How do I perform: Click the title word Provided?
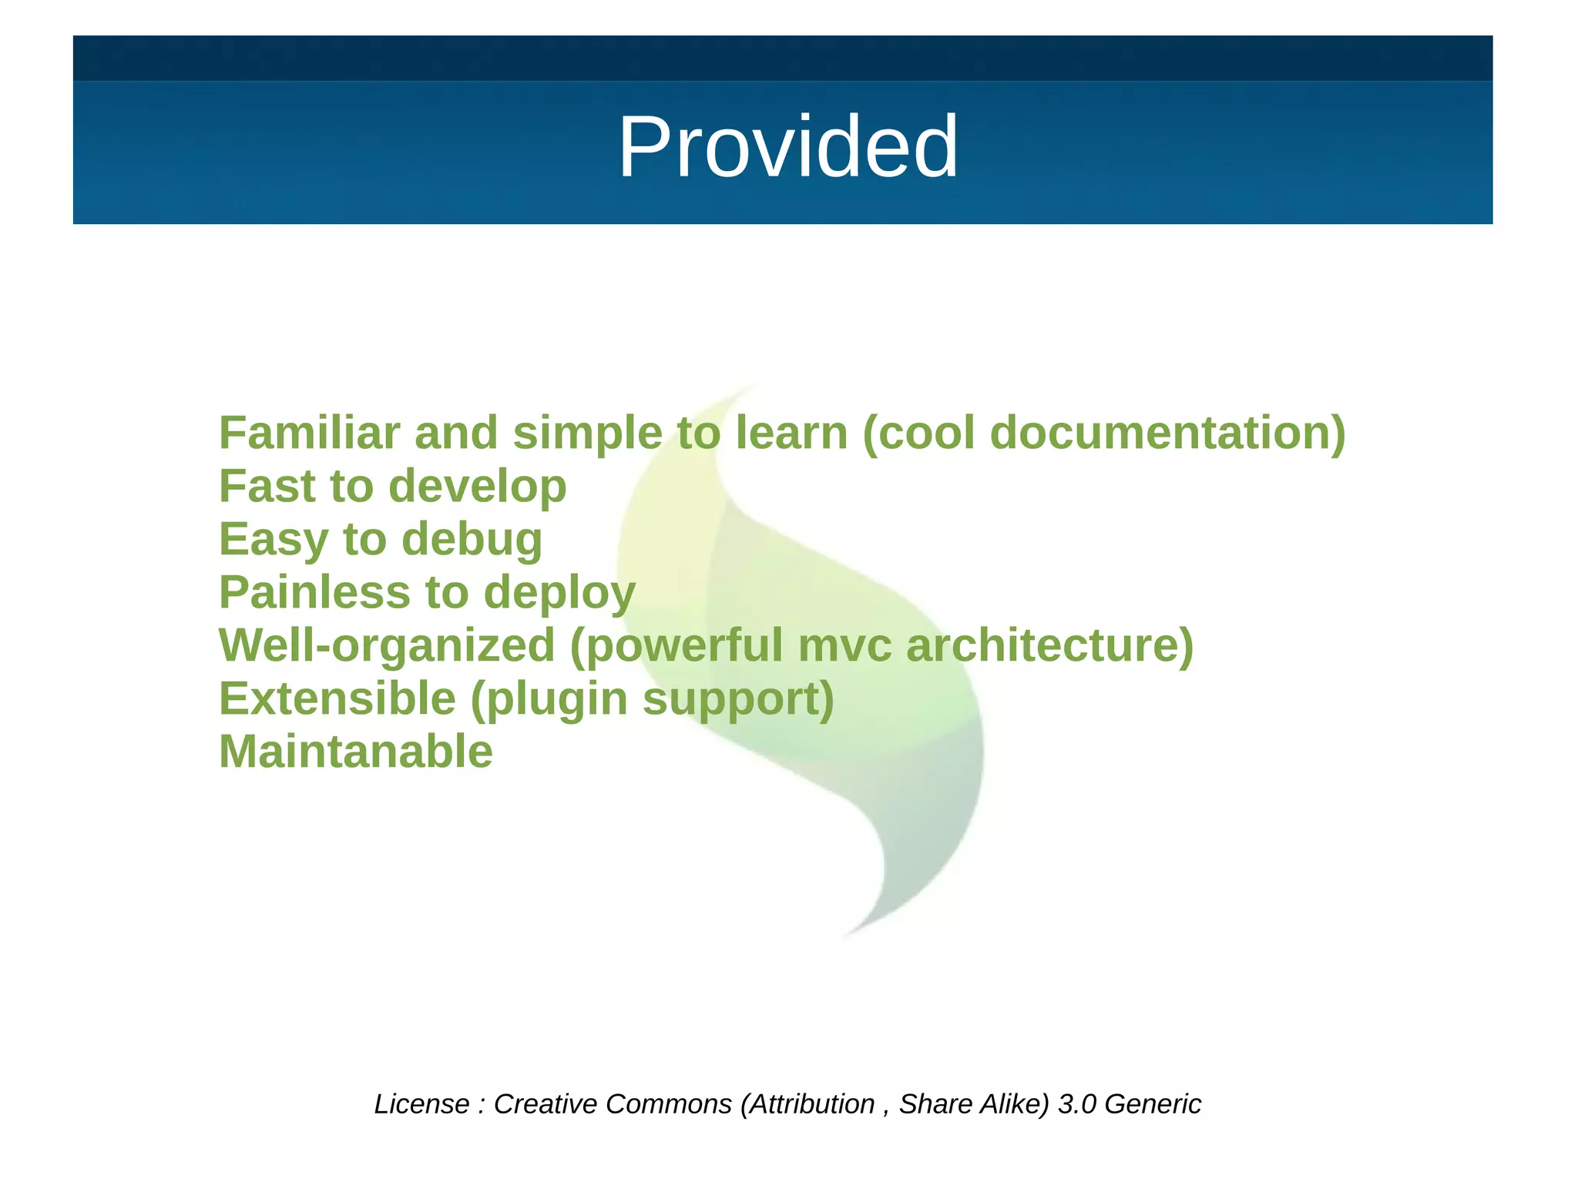tap(787, 146)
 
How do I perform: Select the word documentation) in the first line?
tap(1167, 433)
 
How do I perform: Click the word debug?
tap(472, 539)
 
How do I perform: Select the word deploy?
tap(559, 594)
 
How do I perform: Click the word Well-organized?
tap(387, 645)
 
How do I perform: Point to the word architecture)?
tap(1049, 645)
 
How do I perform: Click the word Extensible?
tap(337, 698)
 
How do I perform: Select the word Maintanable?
tap(356, 752)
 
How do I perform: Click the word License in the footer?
tap(421, 1104)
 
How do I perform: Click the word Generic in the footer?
tap(1153, 1104)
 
